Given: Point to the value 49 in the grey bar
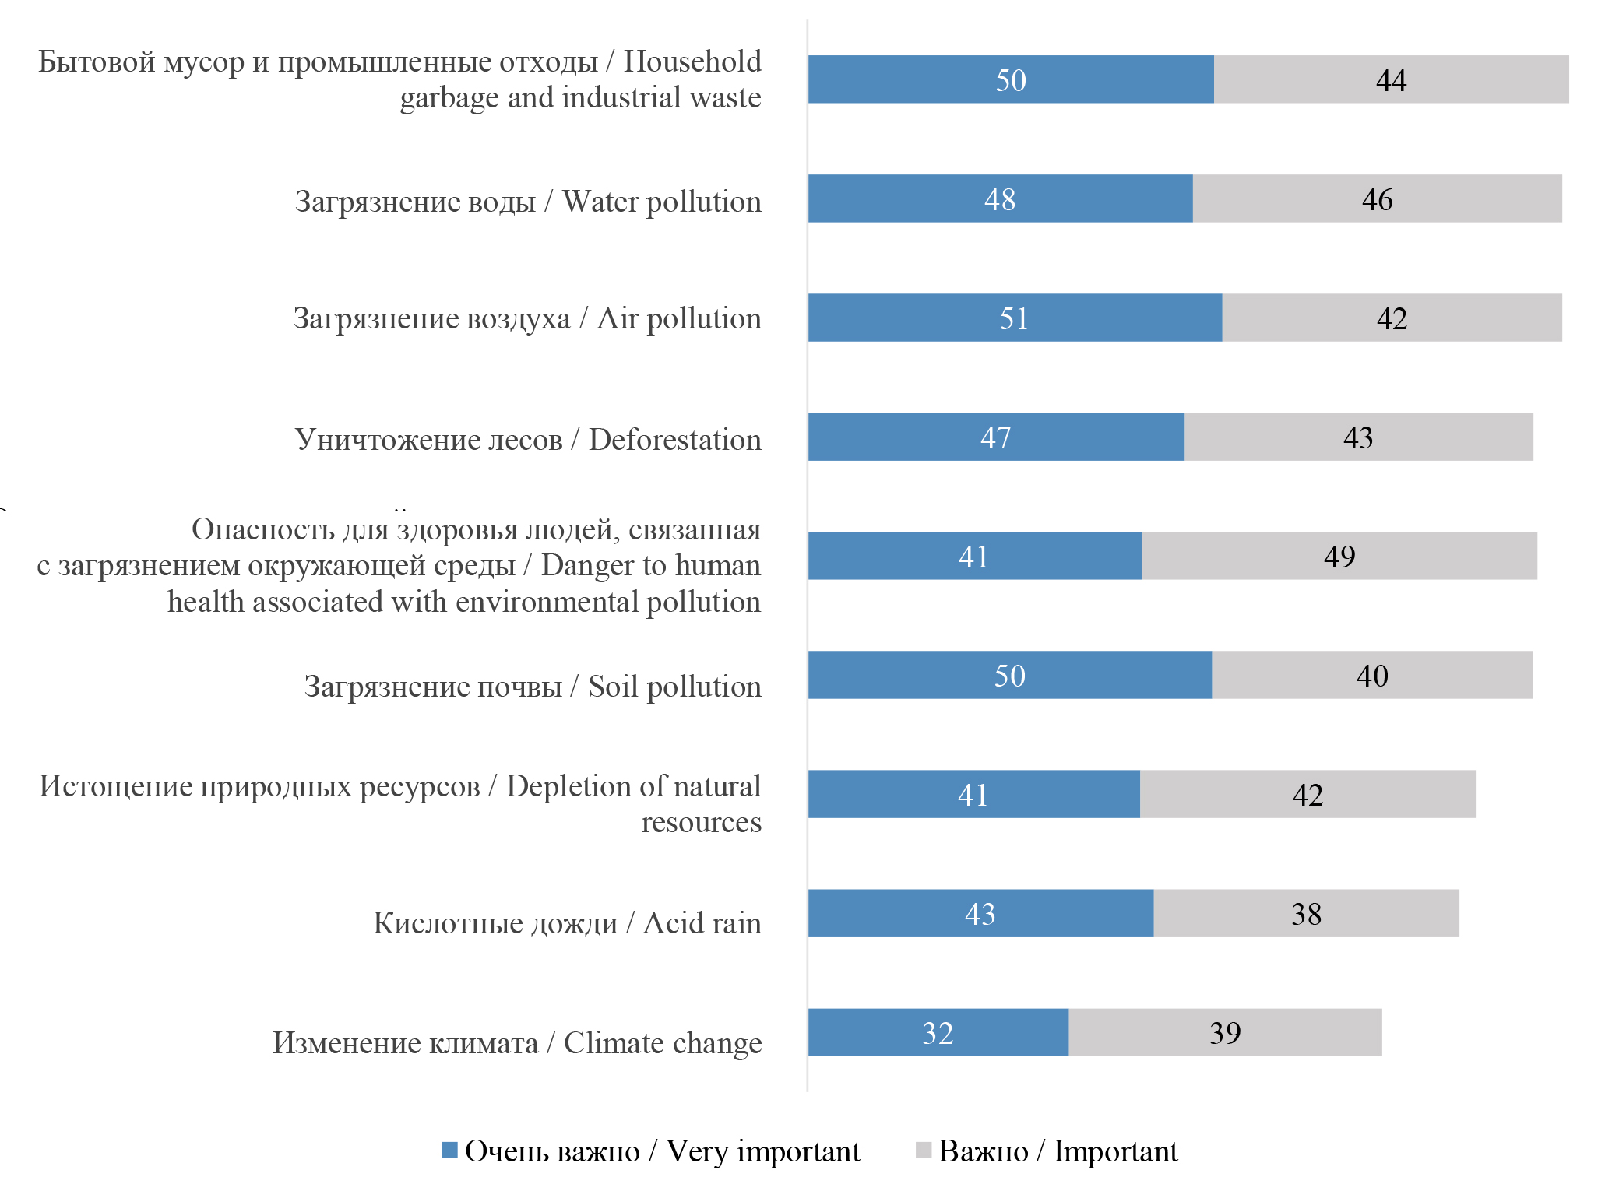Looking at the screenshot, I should coord(1339,556).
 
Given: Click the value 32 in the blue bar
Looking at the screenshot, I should coord(938,1033).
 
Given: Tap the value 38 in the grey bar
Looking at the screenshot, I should coord(1306,914).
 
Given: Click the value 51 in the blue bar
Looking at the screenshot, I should coord(1014,318).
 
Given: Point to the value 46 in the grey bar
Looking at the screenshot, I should coord(1377,199).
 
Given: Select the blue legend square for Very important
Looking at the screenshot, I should coord(449,1150).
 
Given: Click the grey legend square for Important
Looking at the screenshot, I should coord(923,1150).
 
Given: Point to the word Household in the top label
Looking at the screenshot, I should coord(692,61).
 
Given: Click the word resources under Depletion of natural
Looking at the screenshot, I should coord(701,822).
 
